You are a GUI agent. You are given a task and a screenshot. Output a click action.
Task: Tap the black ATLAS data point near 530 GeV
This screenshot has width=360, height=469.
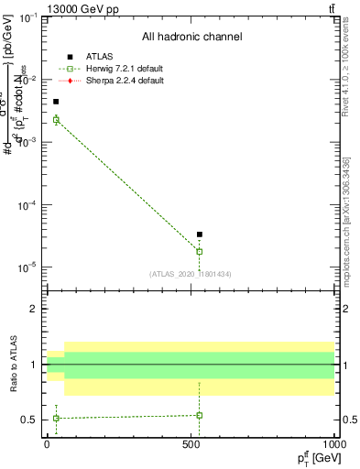200,234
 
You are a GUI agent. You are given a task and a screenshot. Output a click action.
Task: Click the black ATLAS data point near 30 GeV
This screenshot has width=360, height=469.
56,102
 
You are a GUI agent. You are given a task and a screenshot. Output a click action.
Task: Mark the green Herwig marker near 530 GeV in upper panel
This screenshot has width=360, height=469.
200,251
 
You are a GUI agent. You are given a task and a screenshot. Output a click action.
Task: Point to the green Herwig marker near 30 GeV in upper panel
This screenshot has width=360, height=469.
56,120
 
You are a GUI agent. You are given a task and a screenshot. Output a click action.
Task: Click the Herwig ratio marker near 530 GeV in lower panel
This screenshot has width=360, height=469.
200,415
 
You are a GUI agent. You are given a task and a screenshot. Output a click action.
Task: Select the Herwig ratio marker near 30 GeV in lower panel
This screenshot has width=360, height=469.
56,418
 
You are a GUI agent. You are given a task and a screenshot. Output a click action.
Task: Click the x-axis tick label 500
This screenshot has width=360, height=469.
191,444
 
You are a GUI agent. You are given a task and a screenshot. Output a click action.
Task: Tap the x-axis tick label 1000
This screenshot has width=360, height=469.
333,444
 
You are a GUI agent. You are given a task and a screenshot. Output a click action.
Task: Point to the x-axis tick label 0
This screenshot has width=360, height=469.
48,444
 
